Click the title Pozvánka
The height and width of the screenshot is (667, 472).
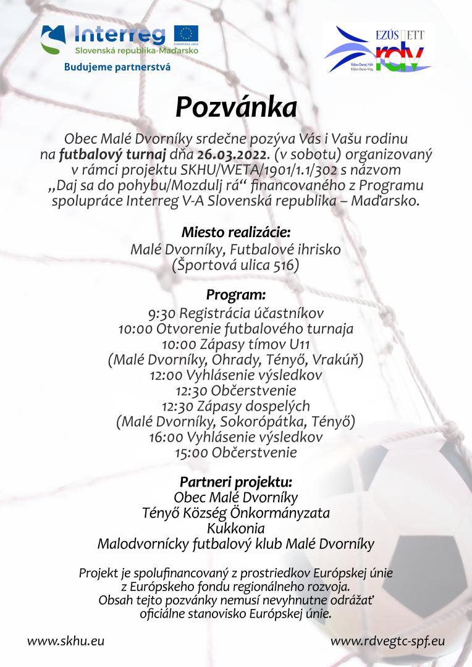point(236,106)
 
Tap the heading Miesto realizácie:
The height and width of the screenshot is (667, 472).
point(235,233)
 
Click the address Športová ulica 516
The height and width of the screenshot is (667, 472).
point(235,266)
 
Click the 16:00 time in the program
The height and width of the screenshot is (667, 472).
point(166,437)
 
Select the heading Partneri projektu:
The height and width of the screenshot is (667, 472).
point(235,481)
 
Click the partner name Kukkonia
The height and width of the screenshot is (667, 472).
point(235,529)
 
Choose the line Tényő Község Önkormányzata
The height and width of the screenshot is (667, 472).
point(235,513)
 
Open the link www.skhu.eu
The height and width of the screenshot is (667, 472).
point(65,640)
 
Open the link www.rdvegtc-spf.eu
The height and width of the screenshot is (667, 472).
point(387,640)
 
